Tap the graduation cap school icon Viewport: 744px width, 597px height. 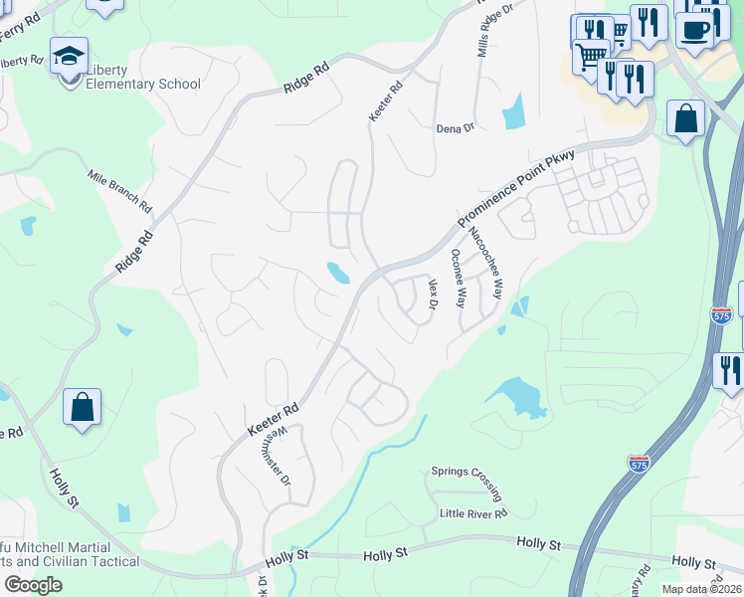70,57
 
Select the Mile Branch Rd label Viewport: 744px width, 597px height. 118,192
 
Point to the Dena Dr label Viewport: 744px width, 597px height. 455,128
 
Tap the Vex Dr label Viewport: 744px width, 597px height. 433,294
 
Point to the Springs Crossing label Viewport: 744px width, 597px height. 466,483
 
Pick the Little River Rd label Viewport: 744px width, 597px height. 473,513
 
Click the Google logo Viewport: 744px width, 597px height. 33,585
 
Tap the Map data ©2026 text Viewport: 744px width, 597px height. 701,589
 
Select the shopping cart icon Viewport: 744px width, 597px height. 591,53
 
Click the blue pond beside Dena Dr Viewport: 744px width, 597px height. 513,111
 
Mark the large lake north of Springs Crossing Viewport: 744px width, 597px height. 518,397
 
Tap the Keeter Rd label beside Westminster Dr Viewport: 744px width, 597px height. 274,419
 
